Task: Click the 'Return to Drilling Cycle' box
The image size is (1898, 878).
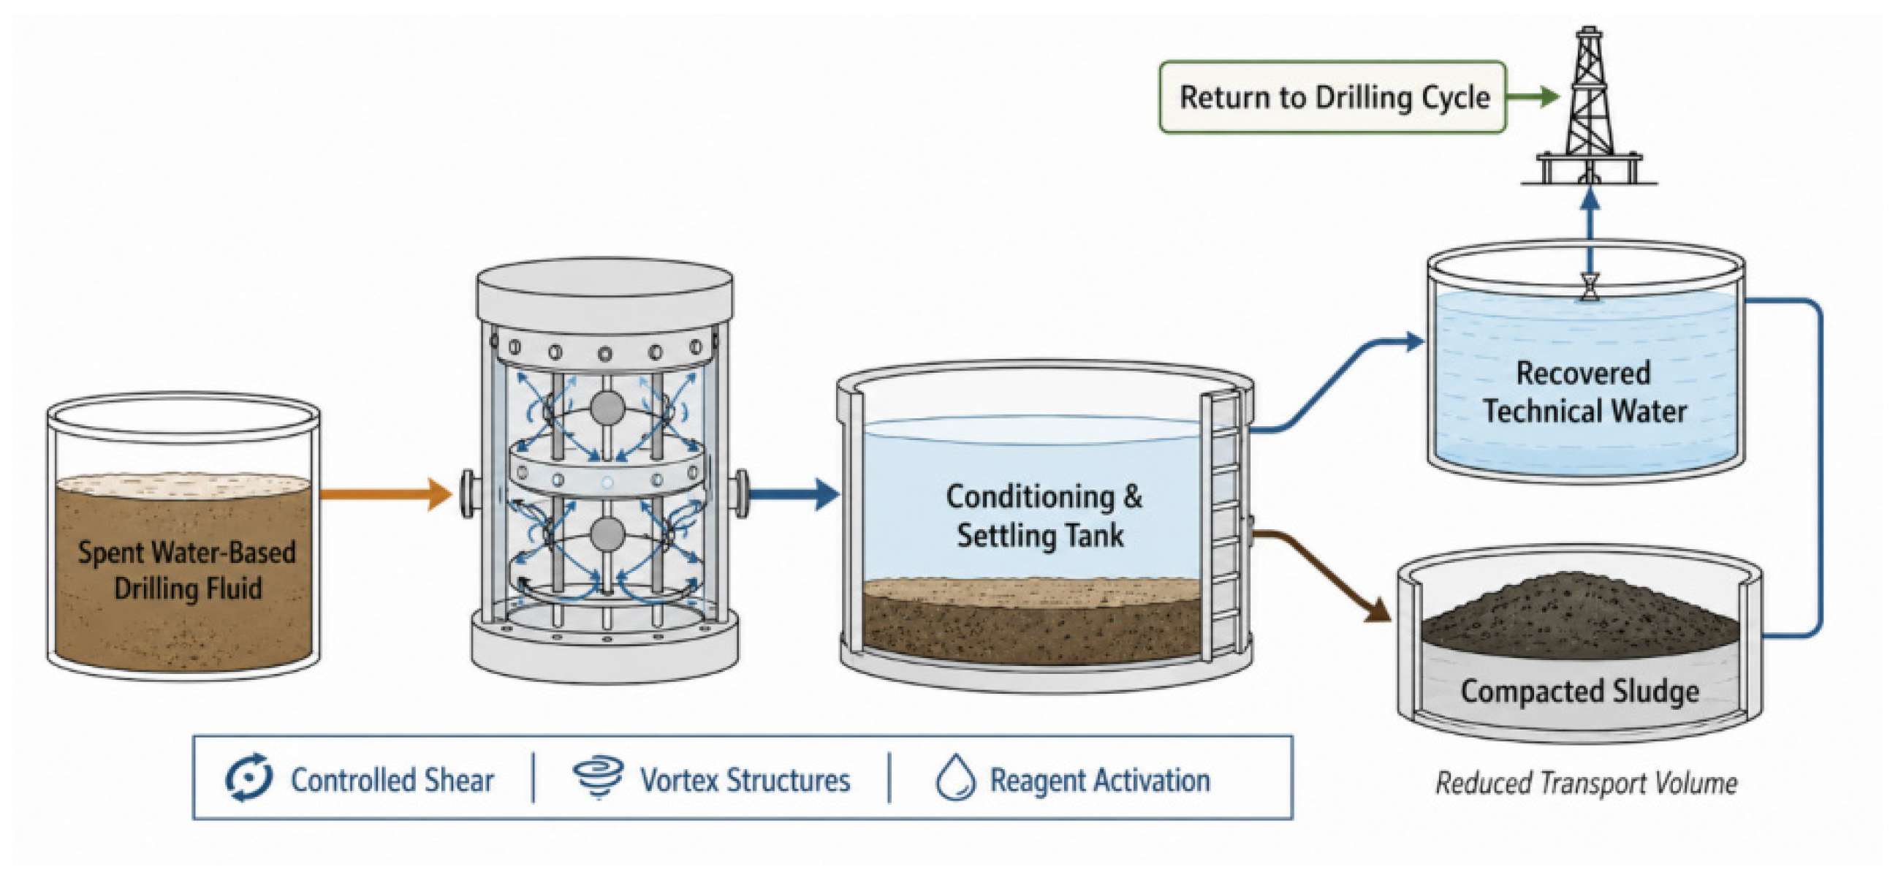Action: point(1332,97)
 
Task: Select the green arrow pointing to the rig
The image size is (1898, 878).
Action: point(1533,96)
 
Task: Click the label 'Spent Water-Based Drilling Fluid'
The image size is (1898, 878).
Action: point(187,570)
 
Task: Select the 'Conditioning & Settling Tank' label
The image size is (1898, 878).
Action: point(1043,516)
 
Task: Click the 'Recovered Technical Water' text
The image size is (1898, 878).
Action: point(1584,392)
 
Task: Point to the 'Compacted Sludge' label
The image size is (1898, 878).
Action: point(1579,692)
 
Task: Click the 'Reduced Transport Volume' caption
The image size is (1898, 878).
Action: point(1586,783)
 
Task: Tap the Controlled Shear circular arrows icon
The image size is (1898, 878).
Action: point(248,777)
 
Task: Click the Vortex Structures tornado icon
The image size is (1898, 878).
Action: point(599,777)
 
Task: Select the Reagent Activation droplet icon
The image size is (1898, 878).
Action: point(956,777)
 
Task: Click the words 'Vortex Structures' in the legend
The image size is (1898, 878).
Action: point(745,780)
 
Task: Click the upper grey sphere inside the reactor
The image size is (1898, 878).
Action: point(608,408)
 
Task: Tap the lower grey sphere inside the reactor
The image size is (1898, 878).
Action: point(608,534)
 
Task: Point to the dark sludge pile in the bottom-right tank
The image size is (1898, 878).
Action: point(1580,618)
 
